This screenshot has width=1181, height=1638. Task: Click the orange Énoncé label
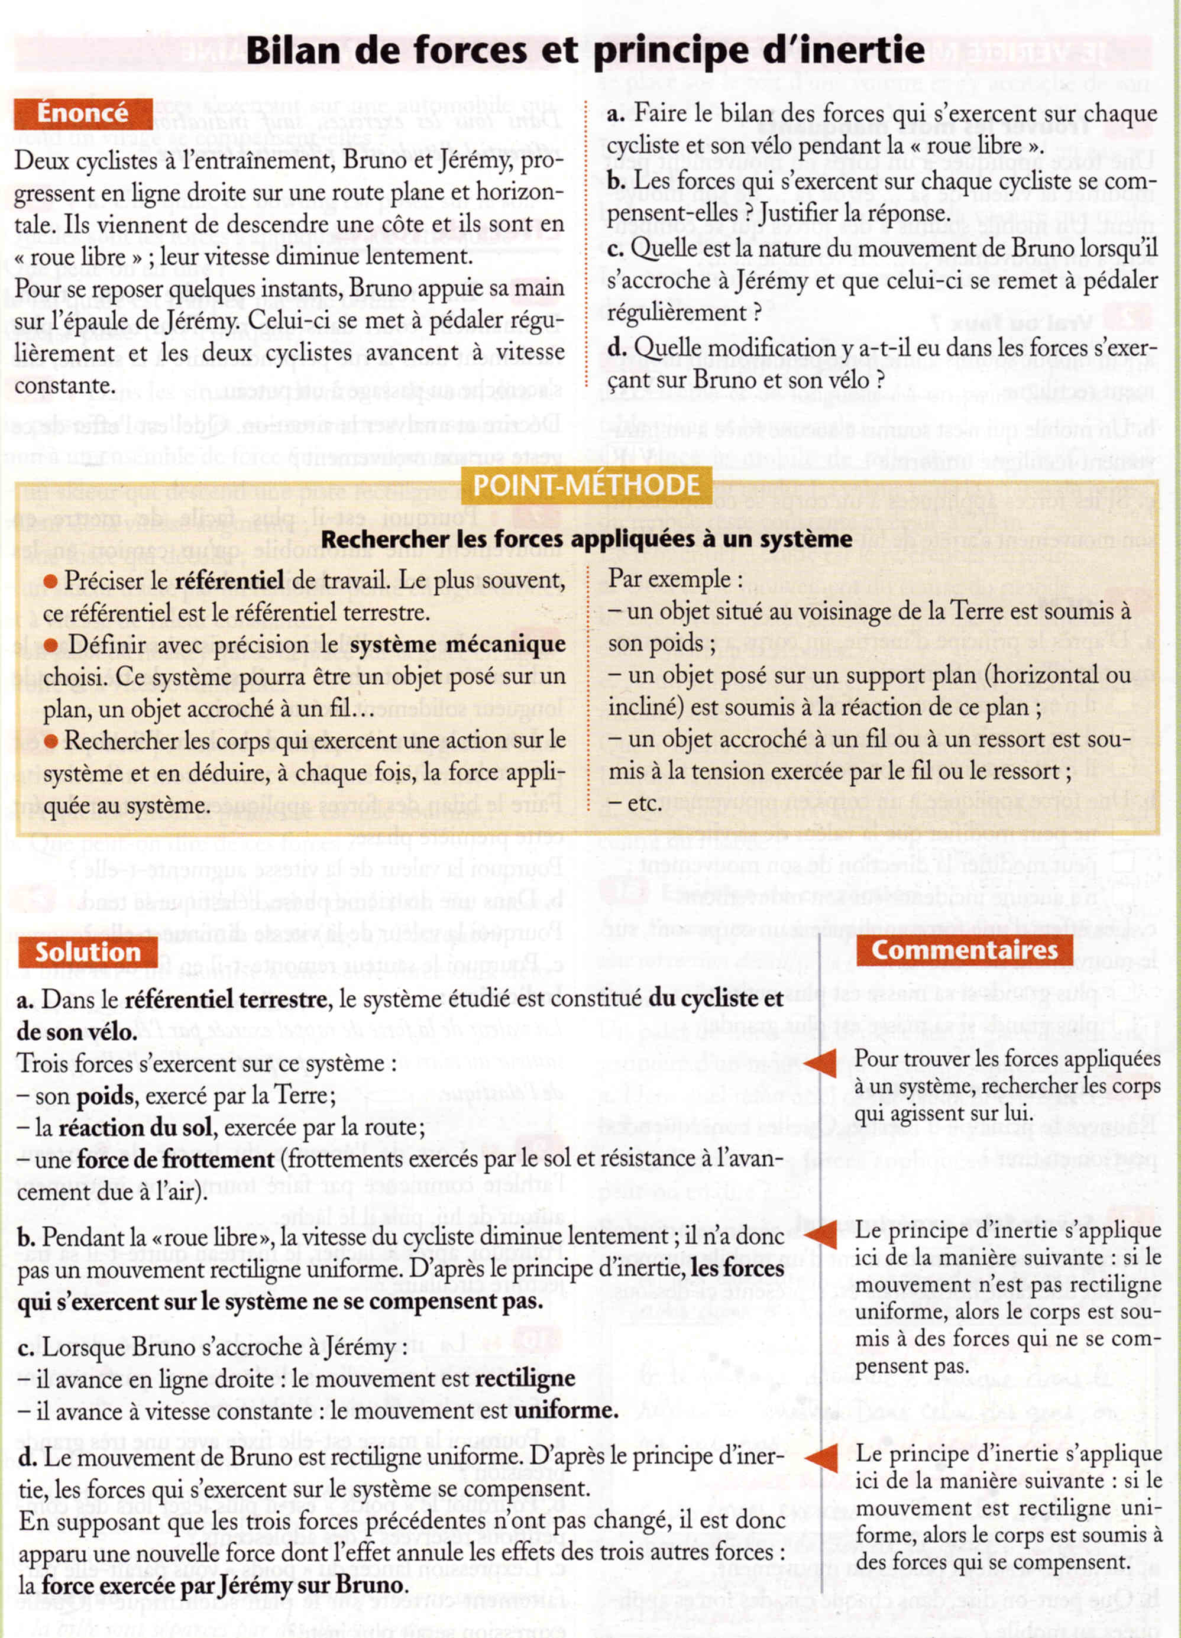[82, 114]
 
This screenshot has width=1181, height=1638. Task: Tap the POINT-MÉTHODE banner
[586, 485]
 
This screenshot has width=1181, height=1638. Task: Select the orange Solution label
[88, 952]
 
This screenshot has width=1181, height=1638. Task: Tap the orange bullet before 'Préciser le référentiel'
[50, 581]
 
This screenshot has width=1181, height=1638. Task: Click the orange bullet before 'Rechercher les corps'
[50, 741]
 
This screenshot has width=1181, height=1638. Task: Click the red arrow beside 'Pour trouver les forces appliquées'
[820, 1063]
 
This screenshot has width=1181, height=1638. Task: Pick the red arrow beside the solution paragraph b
[820, 1234]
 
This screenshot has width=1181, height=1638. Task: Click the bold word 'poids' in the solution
[105, 1096]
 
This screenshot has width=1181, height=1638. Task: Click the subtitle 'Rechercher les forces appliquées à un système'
[586, 539]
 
